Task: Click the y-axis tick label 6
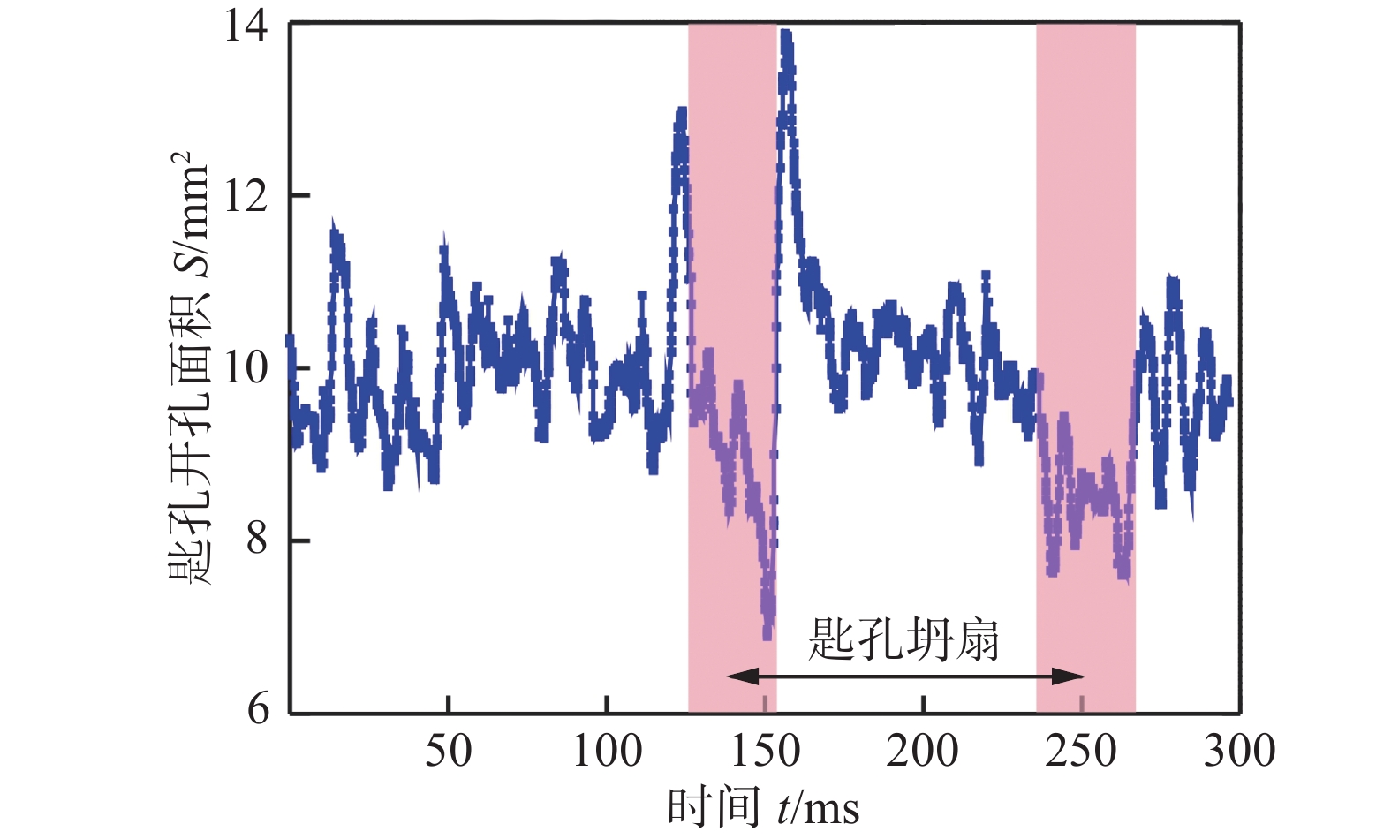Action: coord(258,708)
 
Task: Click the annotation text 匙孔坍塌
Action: coord(903,639)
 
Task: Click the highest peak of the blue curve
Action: coord(785,35)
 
